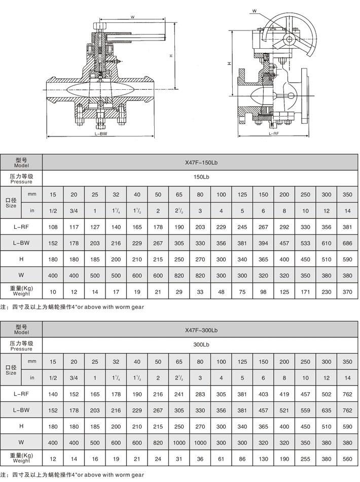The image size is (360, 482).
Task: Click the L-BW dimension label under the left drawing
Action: coord(101,135)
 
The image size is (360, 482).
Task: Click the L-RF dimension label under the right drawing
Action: coord(274,133)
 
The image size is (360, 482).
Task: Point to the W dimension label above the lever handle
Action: coord(132,17)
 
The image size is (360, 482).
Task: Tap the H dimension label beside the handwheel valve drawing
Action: coord(229,63)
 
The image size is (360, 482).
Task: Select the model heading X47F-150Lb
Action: coord(201,163)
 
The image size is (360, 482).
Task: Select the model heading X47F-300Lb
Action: coord(201,330)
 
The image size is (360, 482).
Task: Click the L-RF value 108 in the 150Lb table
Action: coord(53,227)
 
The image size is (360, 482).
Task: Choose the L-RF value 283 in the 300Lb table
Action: coord(200,394)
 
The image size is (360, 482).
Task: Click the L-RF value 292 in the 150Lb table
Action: coord(284,227)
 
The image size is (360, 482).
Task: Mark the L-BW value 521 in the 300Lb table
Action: coord(284,410)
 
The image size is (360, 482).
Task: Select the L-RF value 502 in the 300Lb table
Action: coord(326,394)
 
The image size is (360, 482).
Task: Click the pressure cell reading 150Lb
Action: coord(201,178)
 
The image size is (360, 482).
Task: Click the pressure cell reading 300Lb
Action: coord(201,345)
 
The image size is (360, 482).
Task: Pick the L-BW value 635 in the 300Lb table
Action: coord(326,410)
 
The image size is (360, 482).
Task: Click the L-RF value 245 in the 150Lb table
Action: coord(242,227)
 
